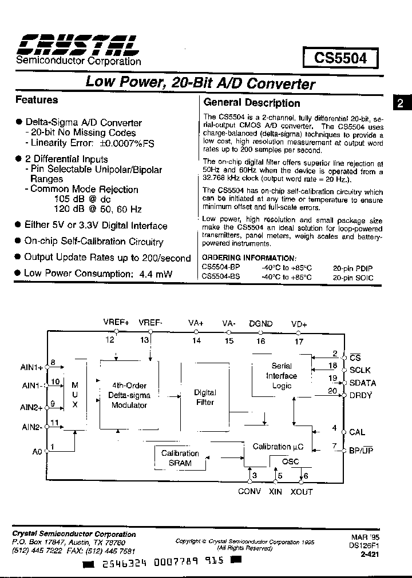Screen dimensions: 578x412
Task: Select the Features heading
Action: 37,100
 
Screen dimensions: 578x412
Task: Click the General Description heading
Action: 252,103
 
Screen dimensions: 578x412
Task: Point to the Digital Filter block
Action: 205,397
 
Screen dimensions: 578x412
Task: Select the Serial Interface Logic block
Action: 281,375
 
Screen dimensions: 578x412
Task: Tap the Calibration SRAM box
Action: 180,458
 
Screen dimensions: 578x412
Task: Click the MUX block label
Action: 75,395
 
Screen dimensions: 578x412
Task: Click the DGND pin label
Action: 260,323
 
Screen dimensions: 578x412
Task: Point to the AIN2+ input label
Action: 32,407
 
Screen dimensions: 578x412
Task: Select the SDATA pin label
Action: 362,383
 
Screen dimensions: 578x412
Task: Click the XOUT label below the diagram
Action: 302,492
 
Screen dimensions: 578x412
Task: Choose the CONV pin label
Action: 249,492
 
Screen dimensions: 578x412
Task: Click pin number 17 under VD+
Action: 299,342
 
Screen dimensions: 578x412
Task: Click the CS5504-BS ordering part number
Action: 221,278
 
